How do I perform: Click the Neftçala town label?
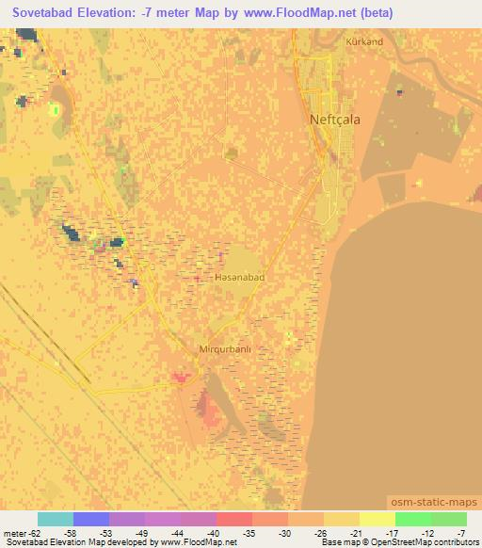pyautogui.click(x=335, y=120)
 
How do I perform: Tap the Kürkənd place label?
pyautogui.click(x=364, y=42)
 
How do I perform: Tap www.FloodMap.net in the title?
pyautogui.click(x=289, y=12)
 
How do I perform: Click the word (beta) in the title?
pyautogui.click(x=370, y=12)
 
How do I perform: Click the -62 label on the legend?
pyautogui.click(x=29, y=533)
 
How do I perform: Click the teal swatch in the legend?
pyautogui.click(x=55, y=519)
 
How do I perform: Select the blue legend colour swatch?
pyautogui.click(x=90, y=519)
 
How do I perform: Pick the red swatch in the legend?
pyautogui.click(x=233, y=519)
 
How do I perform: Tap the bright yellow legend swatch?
pyautogui.click(x=377, y=519)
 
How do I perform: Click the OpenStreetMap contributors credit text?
pyautogui.click(x=426, y=543)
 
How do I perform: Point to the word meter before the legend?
pyautogui.click(x=12, y=533)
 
